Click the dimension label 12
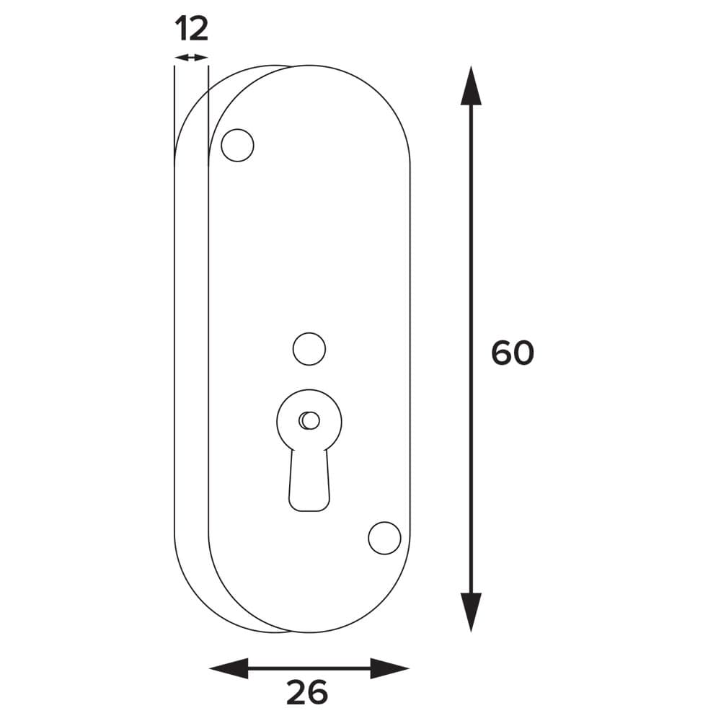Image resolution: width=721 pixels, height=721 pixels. (x=192, y=29)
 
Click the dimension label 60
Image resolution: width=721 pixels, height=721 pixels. (x=513, y=353)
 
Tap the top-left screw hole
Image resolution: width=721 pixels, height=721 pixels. (x=237, y=146)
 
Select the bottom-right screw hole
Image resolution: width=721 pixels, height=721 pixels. (x=384, y=538)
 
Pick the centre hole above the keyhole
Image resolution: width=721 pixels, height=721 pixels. (x=309, y=349)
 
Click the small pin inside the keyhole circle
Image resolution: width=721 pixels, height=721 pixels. (x=309, y=420)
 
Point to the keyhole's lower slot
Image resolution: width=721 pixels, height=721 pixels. (x=309, y=480)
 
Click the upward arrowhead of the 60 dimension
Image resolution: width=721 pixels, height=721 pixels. (x=471, y=86)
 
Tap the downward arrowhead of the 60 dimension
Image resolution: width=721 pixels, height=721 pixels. (x=471, y=612)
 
